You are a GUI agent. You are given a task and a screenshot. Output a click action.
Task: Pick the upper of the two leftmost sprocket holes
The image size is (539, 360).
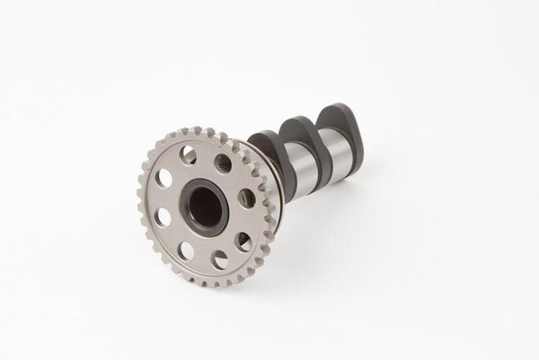164,178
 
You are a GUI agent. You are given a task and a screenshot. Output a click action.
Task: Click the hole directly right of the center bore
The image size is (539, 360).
247,199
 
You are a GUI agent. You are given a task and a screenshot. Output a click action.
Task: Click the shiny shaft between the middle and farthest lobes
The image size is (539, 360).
335,158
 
